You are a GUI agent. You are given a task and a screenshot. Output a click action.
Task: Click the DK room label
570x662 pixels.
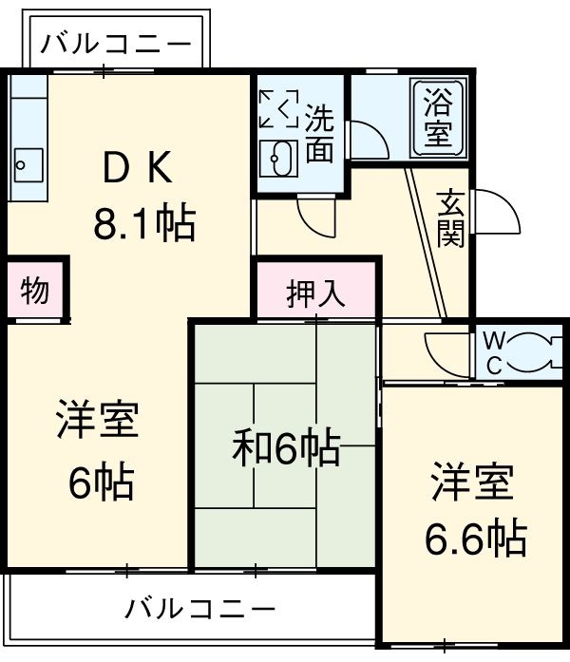pos(137,170)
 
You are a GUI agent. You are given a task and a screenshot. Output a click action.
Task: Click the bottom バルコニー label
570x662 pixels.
pos(200,607)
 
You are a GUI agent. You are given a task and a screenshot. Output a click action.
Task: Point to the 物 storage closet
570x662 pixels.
pos(35,291)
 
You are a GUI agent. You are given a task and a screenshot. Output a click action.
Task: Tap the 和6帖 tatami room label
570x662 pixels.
pos(286,447)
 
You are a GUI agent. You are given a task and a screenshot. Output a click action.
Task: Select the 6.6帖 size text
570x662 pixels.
pos(474,539)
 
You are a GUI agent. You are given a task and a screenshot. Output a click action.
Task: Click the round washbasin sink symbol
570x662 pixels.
pos(280,155)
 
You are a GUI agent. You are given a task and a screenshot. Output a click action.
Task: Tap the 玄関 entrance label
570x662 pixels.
pos(450,218)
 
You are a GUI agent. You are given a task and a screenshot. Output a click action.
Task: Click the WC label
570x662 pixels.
pos(493,352)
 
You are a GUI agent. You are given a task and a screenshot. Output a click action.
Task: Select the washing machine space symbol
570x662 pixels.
pos(280,108)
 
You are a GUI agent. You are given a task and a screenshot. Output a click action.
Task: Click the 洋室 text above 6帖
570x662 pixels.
pos(97,422)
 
